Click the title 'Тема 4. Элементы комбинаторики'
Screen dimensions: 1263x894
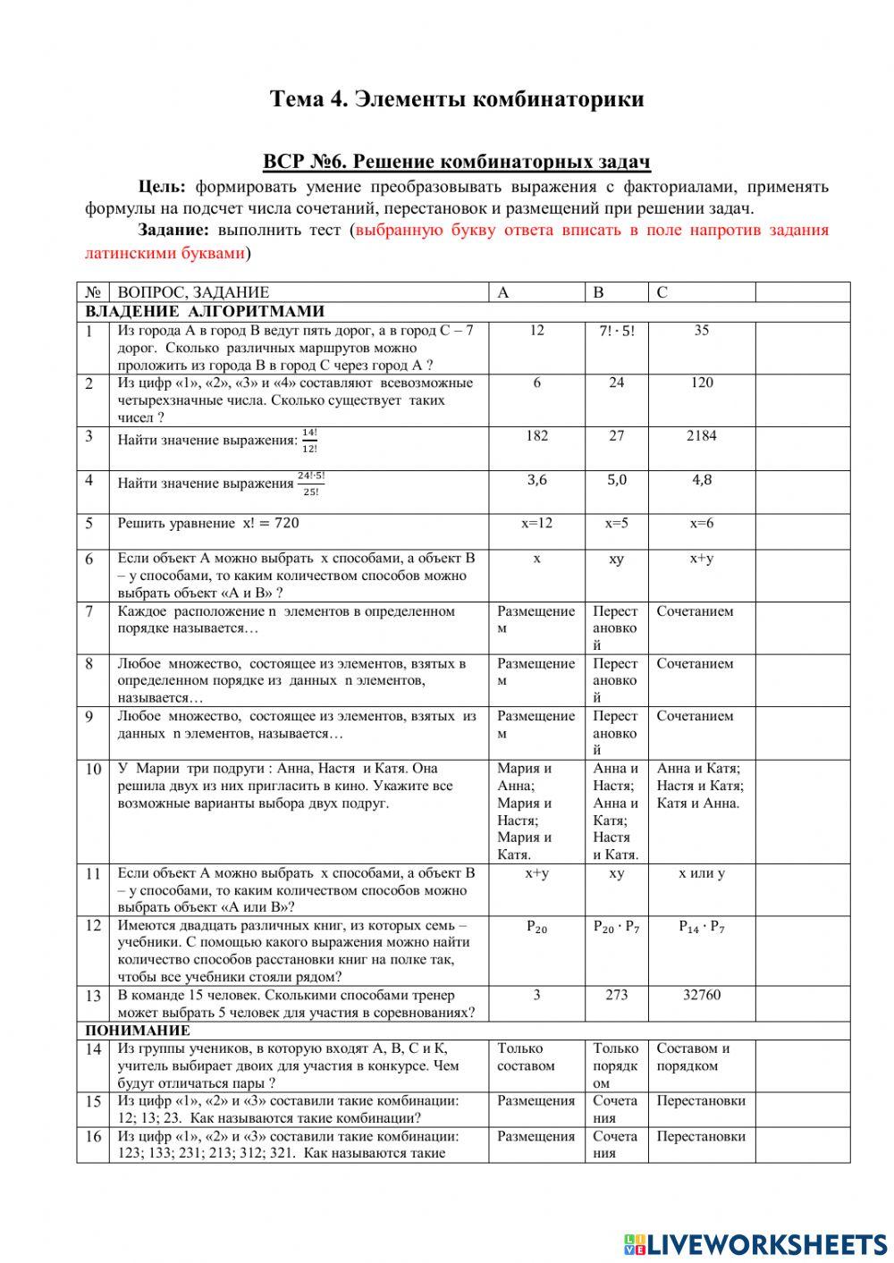457,98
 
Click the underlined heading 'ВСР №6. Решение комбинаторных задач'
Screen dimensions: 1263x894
457,162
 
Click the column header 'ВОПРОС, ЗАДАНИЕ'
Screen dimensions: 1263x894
193,292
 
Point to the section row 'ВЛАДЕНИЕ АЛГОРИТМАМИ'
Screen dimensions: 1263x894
205,311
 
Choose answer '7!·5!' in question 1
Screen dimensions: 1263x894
616,331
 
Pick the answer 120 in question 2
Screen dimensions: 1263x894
701,383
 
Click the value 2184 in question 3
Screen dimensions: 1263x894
701,436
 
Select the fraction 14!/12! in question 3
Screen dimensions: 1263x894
309,440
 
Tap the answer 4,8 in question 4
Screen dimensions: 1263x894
701,480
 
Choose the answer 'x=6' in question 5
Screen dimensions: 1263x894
701,523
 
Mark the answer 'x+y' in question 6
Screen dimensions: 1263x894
701,559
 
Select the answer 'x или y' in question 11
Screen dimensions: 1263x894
701,873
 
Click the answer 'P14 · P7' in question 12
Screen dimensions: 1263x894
701,927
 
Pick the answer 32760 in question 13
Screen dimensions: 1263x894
701,995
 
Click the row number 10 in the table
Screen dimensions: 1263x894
93,769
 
